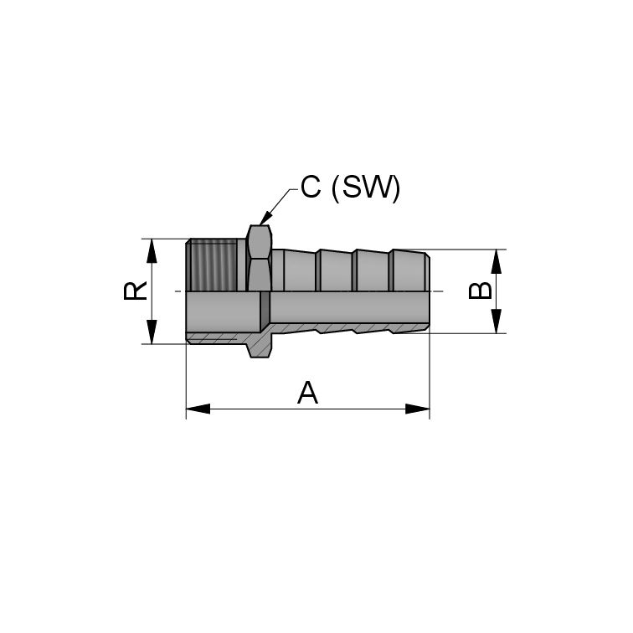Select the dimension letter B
(x=480, y=291)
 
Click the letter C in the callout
(x=311, y=187)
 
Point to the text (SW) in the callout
(x=366, y=187)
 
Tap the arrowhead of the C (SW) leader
(x=264, y=219)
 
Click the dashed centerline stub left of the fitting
(x=178, y=291)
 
